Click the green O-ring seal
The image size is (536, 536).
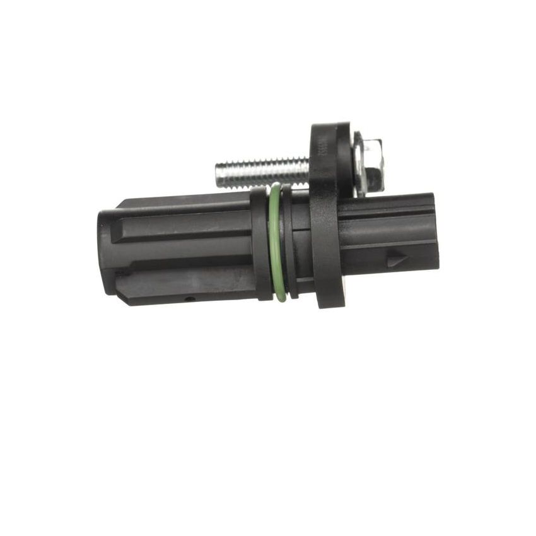click(275, 243)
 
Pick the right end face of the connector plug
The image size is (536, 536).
click(435, 232)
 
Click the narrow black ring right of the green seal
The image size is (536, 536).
click(287, 243)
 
